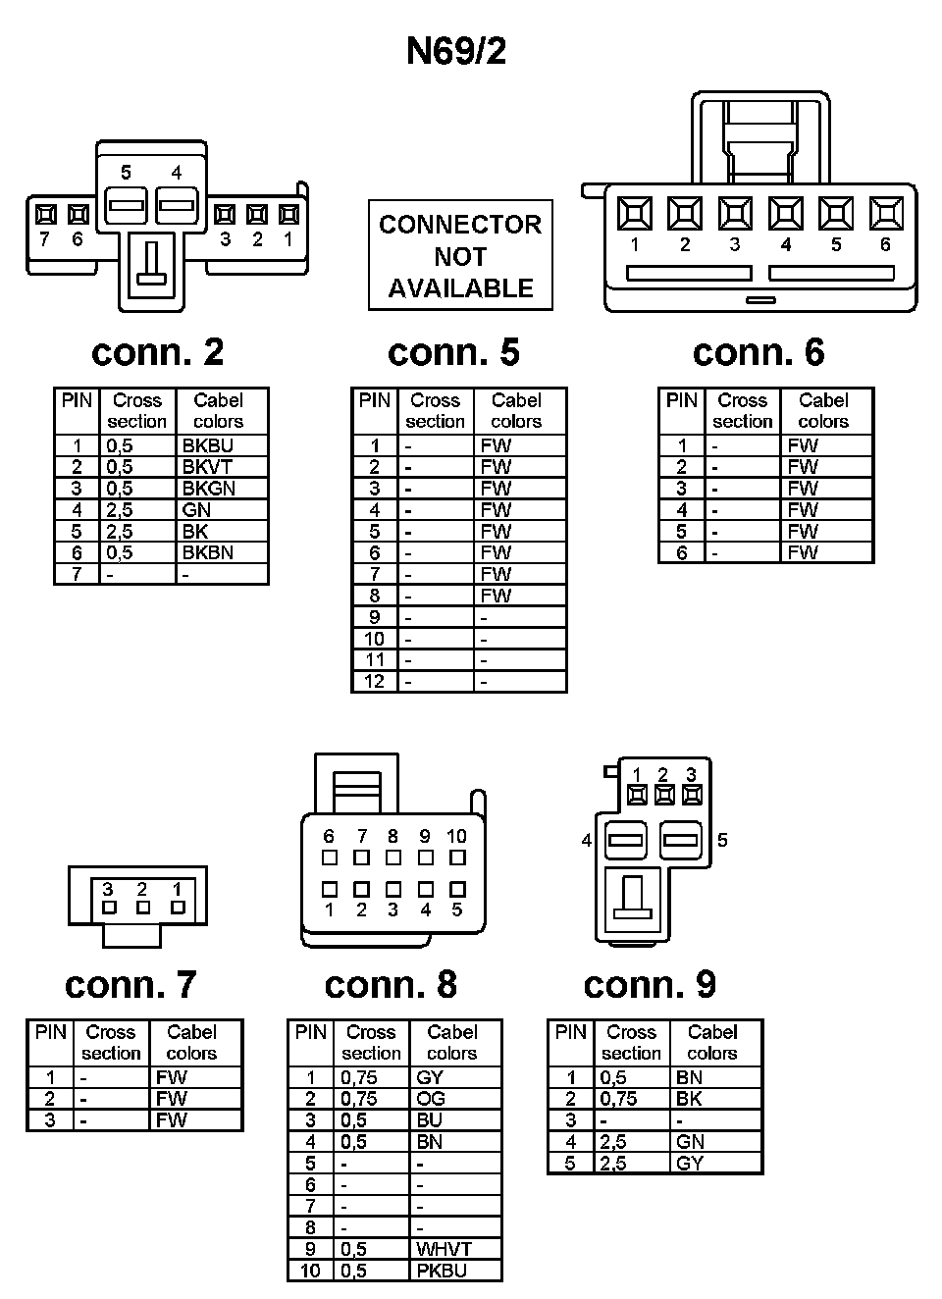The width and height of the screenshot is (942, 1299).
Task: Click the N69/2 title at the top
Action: (456, 51)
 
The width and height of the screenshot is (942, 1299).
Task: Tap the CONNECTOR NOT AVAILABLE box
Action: (460, 255)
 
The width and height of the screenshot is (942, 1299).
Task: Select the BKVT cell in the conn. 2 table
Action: (207, 467)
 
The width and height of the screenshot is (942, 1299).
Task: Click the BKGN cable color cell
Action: (208, 489)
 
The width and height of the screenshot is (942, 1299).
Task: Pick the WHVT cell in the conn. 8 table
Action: (445, 1249)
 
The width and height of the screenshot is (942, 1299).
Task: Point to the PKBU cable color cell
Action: (442, 1271)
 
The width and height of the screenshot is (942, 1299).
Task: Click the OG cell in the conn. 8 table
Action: (431, 1099)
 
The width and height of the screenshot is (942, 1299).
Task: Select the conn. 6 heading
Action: (758, 352)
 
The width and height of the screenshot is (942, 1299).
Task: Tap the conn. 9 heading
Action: (650, 984)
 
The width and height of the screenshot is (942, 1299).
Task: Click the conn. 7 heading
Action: (131, 984)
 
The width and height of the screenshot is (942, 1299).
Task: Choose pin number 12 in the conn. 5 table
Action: (374, 682)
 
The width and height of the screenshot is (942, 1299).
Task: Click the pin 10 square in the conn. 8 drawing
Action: (457, 857)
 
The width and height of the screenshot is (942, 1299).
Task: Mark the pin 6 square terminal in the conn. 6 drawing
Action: (886, 213)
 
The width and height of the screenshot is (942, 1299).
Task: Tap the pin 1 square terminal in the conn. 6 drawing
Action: (635, 213)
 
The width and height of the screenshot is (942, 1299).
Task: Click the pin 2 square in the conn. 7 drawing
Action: (143, 908)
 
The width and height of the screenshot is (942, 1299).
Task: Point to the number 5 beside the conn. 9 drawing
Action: (722, 840)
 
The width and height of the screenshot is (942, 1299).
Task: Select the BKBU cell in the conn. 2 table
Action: (207, 445)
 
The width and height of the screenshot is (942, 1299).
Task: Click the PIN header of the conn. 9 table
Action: (570, 1032)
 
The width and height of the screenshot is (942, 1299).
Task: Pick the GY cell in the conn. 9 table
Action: (689, 1164)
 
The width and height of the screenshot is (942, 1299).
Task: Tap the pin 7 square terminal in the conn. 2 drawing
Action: (44, 214)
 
